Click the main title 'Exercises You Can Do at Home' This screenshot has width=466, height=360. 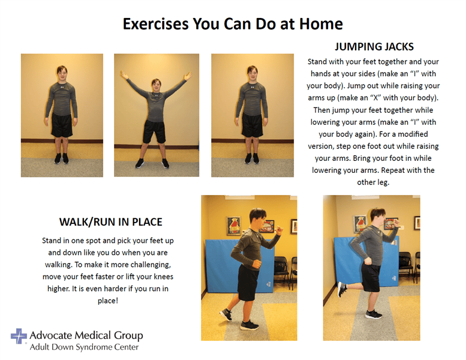coord(233,24)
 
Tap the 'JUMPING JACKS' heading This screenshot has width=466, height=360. coord(374,47)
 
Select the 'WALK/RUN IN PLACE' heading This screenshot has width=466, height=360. coord(110,222)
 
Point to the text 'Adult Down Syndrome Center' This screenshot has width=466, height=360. coord(84,347)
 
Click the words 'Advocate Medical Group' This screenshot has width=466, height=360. coord(86,335)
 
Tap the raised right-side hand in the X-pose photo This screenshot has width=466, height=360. coord(188,76)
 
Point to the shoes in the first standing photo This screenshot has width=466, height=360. coord(62,158)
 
